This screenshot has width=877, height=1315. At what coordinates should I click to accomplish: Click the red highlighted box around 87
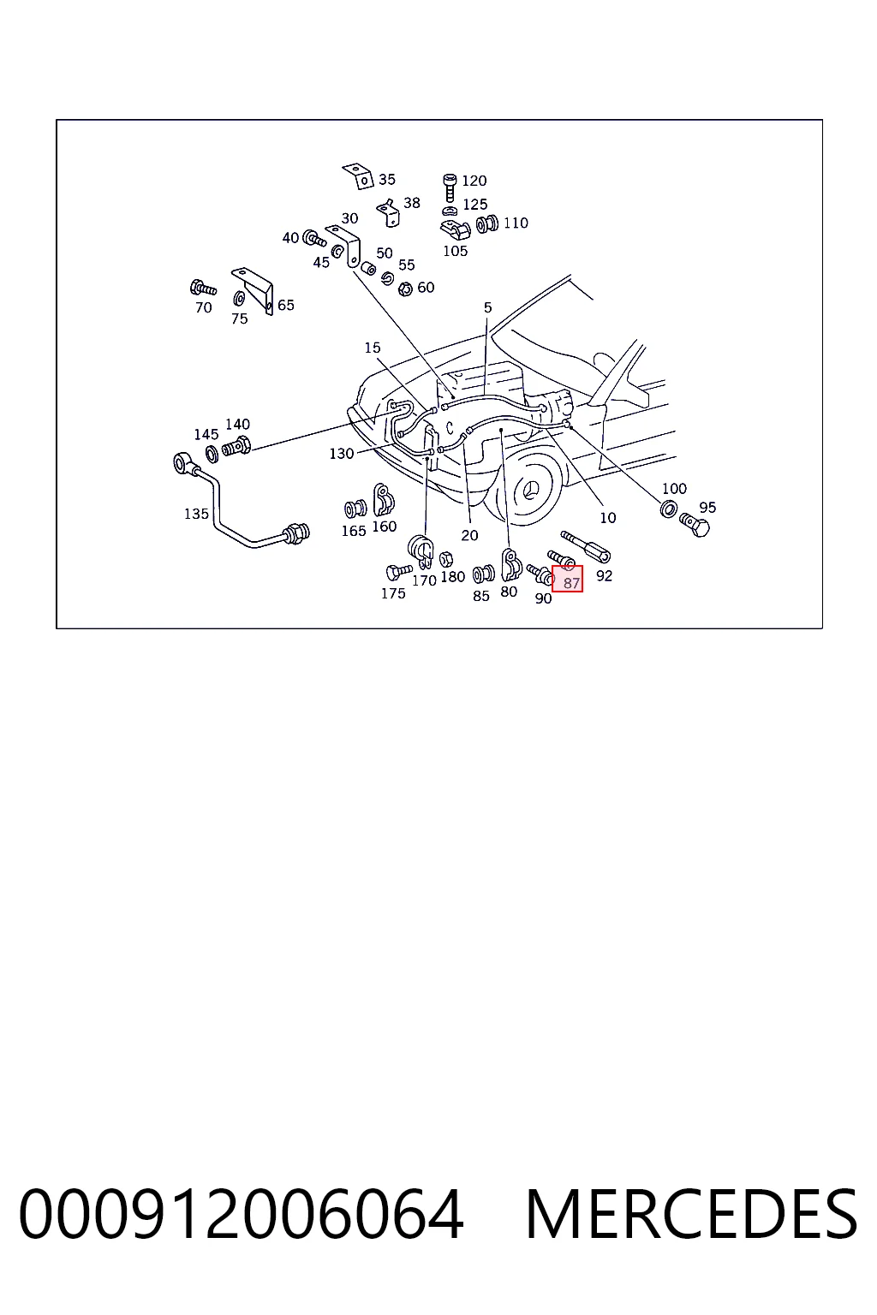point(567,579)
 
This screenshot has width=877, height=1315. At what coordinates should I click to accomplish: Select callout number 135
point(196,514)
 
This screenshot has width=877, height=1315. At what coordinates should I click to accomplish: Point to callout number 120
point(474,181)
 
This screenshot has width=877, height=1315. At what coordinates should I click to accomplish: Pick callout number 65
point(285,305)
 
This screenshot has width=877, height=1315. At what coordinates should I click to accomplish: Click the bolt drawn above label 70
point(203,289)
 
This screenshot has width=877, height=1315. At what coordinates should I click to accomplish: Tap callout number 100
point(674,489)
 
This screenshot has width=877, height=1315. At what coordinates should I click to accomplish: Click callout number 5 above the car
point(487,307)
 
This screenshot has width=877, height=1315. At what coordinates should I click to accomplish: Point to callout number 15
point(373,348)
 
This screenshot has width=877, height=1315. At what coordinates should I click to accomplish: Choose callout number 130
point(341,454)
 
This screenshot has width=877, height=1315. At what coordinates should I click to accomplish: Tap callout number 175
point(393,593)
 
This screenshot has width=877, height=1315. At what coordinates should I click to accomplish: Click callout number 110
point(516,223)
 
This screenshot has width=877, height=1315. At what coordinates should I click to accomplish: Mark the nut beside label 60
point(405,289)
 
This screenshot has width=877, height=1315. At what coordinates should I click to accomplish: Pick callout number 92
point(604,576)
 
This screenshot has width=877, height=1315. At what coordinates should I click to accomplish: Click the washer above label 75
point(239,299)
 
